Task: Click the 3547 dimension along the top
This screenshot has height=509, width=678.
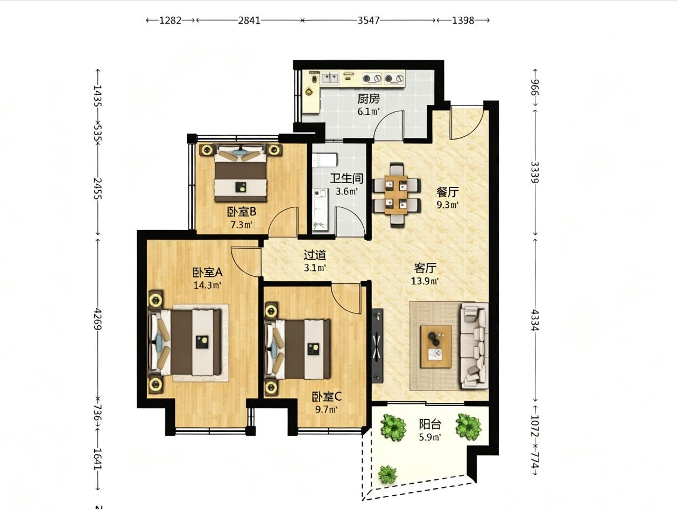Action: point(369,20)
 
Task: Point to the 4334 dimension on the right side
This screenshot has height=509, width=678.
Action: point(535,320)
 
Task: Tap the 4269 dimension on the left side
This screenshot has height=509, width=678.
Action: point(98,319)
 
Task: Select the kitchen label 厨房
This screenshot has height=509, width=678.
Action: point(369,99)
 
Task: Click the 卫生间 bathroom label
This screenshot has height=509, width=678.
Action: point(347,178)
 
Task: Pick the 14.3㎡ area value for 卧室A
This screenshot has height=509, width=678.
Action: point(208,285)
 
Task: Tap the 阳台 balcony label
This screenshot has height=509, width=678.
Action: point(430,424)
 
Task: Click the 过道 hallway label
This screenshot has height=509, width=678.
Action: point(315,255)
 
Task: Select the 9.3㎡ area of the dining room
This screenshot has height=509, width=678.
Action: point(447,205)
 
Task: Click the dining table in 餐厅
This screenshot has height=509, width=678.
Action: point(397,196)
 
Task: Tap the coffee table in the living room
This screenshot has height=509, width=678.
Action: point(436,346)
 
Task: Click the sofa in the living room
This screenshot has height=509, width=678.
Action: point(474,346)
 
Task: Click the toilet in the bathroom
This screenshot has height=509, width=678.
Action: point(324,160)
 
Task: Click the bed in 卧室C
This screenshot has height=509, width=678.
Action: point(298,349)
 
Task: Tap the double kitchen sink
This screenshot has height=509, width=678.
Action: point(330,78)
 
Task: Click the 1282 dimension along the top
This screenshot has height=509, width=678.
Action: point(170,20)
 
